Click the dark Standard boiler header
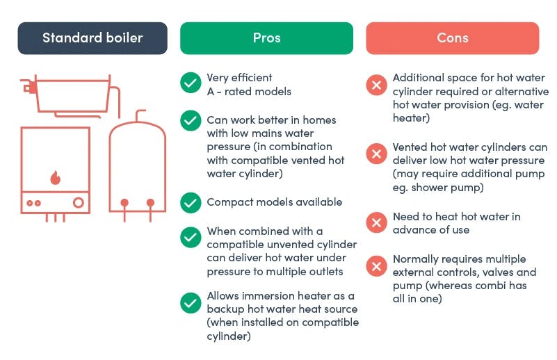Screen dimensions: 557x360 tap(92, 38)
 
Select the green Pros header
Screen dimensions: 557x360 tap(266, 38)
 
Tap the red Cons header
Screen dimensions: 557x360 tap(453, 38)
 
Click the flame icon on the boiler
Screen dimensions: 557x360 tap(55, 177)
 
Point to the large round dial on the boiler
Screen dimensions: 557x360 tap(79, 203)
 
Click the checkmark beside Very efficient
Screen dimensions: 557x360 tap(191, 83)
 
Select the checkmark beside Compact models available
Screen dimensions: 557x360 tap(191, 203)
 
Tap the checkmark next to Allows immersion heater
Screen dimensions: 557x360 tap(191, 303)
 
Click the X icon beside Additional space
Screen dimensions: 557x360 tap(376, 85)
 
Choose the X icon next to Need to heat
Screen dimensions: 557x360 tap(376, 222)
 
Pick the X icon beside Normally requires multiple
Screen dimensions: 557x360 tap(376, 266)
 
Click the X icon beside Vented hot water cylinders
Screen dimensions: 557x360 tap(376, 154)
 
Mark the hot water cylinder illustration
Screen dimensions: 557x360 tap(137, 166)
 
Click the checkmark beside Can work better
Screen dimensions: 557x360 tap(191, 121)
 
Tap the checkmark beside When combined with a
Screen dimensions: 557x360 tap(191, 237)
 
